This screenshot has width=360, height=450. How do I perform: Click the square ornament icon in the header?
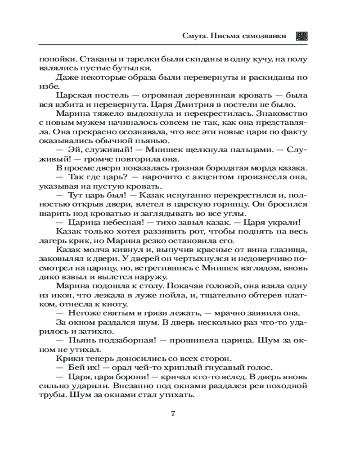point(301,36)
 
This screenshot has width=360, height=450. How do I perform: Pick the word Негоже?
point(83,314)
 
